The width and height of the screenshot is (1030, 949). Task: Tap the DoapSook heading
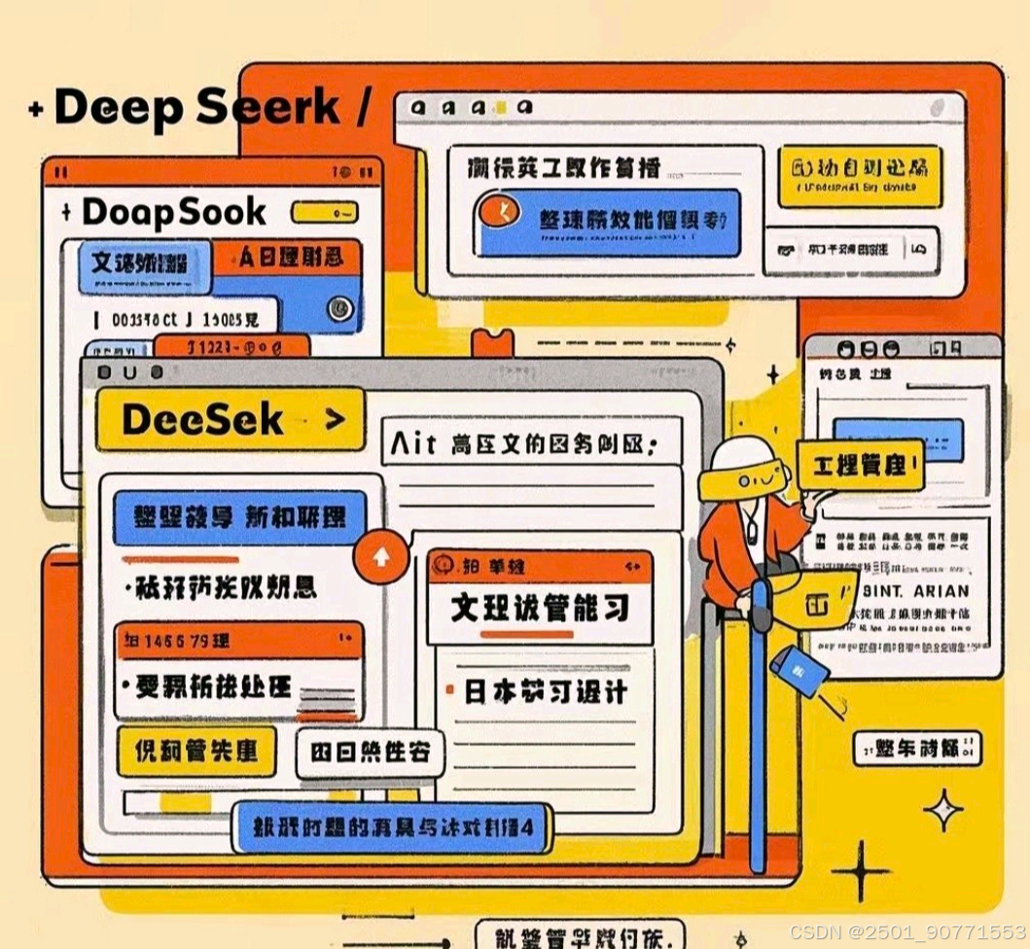click(174, 211)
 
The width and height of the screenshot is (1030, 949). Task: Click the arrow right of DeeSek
click(334, 420)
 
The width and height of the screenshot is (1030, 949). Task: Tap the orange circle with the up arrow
click(380, 557)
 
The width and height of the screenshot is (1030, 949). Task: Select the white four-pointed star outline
click(942, 810)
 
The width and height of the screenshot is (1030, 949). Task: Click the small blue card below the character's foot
click(799, 670)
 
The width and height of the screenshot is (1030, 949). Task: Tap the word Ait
click(412, 445)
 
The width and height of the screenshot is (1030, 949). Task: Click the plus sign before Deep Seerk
click(36, 110)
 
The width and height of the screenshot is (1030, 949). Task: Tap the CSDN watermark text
click(906, 931)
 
